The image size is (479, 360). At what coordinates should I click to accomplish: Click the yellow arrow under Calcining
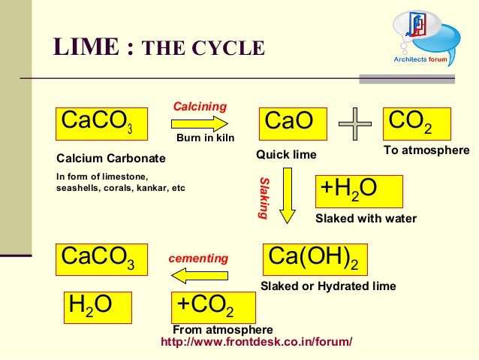203,123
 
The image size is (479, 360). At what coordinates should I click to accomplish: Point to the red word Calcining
200,107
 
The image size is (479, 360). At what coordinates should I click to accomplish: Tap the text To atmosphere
426,151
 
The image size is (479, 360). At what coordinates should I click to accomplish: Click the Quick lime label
287,155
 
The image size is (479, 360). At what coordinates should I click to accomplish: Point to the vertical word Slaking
264,198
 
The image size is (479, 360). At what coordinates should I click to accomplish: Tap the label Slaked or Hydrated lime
327,286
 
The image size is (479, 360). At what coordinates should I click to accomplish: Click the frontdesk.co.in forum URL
257,342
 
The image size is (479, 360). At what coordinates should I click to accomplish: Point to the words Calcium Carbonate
111,159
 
